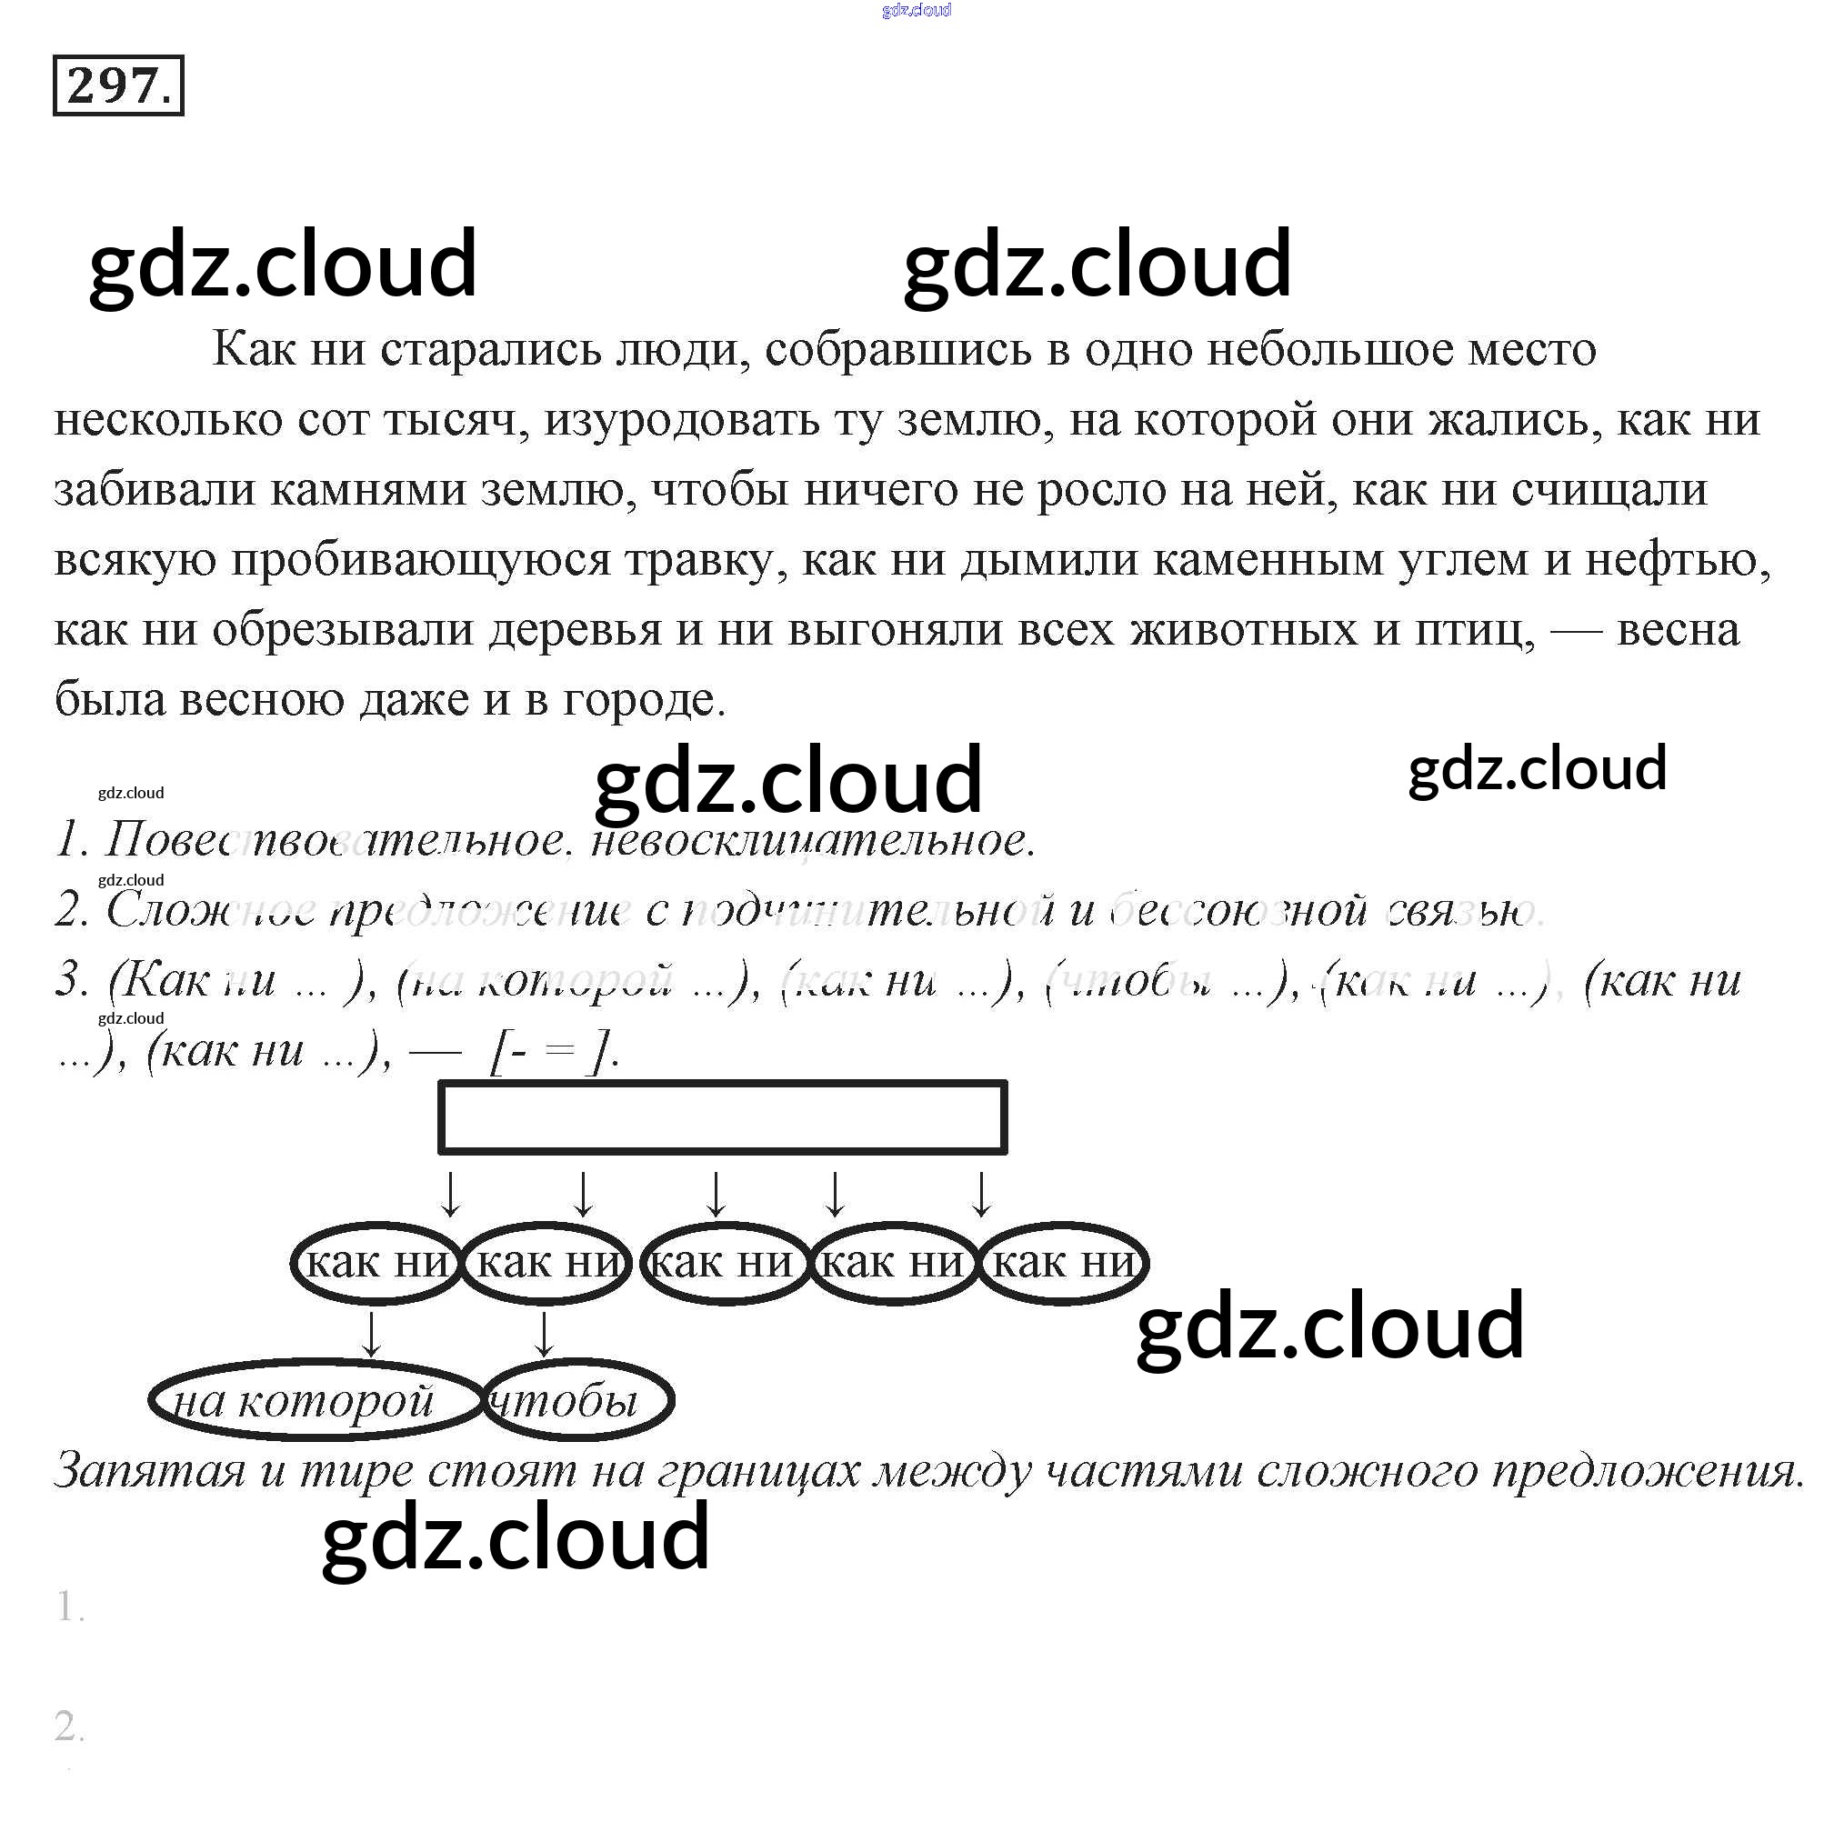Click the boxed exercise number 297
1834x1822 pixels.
117,86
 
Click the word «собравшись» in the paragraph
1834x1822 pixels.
897,350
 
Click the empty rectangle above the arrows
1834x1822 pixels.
722,1116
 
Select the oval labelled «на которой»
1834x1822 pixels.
316,1401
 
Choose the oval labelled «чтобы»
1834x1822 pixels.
577,1401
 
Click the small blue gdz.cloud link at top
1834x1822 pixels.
916,10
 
